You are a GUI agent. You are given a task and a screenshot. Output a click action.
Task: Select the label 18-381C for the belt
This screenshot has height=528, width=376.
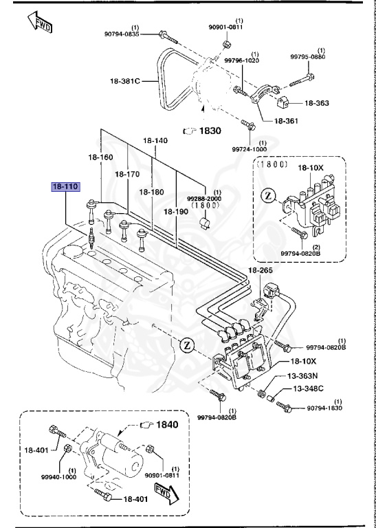124,81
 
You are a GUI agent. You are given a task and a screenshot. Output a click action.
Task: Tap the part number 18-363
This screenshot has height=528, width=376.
316,103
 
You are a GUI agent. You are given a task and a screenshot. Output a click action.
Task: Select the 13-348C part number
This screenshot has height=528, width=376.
307,389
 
